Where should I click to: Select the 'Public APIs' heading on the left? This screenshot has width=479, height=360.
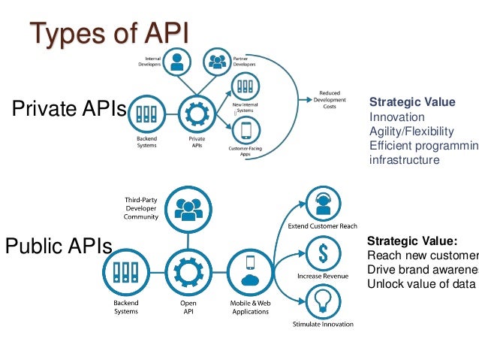[x=59, y=246]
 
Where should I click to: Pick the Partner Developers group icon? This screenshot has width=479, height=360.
[x=218, y=60]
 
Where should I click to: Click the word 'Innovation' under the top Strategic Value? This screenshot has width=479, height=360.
[x=396, y=117]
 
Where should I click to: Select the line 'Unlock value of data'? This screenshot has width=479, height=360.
[x=420, y=283]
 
